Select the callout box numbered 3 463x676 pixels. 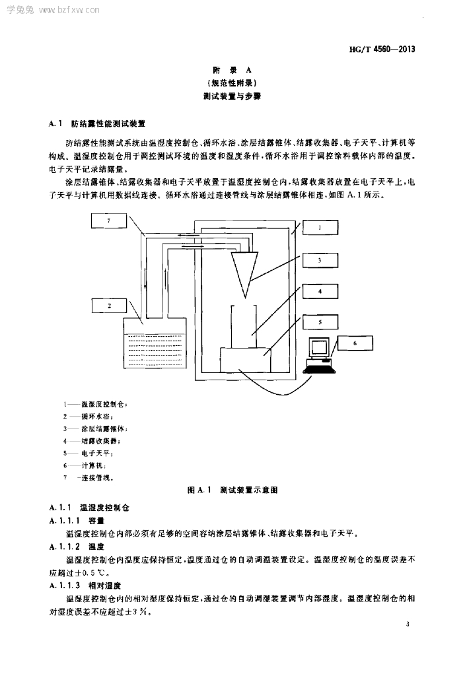pos(320,260)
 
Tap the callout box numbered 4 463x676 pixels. pos(320,290)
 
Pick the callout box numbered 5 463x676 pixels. pos(320,322)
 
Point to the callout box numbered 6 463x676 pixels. pos(355,343)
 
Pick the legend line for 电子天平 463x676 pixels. pos(89,453)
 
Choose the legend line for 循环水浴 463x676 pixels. pos(89,416)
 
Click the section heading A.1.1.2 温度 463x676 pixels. pos(77,547)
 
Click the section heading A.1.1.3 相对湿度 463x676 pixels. pos(82,586)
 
